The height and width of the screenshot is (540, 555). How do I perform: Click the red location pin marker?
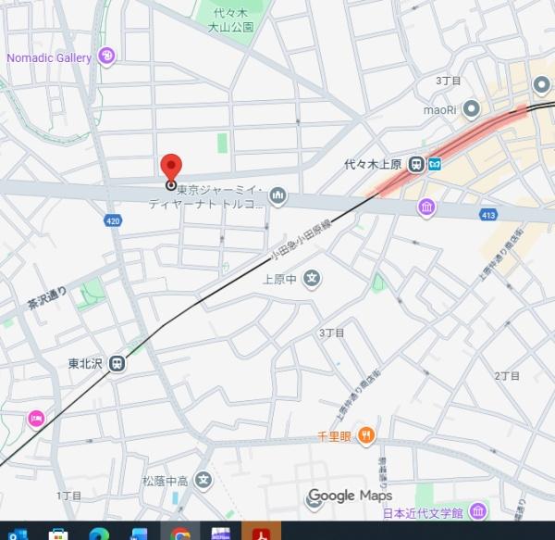[x=171, y=168]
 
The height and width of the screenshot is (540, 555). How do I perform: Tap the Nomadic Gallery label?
[x=49, y=57]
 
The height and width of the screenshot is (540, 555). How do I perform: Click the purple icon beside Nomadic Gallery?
[x=107, y=57]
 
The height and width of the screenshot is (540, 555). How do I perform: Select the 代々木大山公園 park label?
[x=230, y=21]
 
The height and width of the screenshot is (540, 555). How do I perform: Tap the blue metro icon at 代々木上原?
[x=434, y=164]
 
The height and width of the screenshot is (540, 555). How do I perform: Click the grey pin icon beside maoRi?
[x=472, y=109]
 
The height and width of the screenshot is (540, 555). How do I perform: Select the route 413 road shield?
[x=487, y=215]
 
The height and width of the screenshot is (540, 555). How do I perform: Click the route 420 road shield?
[x=113, y=220]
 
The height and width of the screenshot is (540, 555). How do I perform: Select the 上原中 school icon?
[x=313, y=277]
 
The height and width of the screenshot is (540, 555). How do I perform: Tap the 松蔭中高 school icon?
[x=204, y=481]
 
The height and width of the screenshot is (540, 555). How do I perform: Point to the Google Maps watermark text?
[x=350, y=496]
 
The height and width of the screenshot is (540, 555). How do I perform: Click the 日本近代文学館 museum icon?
[x=477, y=511]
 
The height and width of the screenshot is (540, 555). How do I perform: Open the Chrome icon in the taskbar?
[x=180, y=533]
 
